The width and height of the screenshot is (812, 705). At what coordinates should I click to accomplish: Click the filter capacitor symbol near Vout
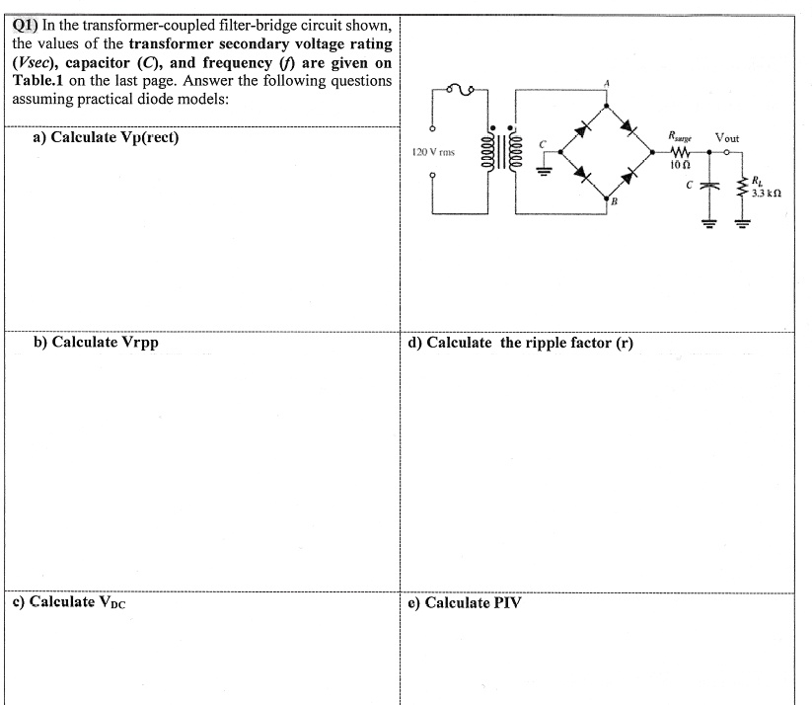pos(706,185)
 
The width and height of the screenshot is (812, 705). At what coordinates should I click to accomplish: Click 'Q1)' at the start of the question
pos(26,24)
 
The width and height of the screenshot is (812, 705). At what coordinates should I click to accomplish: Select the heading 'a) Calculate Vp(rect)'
pos(106,137)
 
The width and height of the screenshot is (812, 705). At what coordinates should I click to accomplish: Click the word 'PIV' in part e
pos(506,602)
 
